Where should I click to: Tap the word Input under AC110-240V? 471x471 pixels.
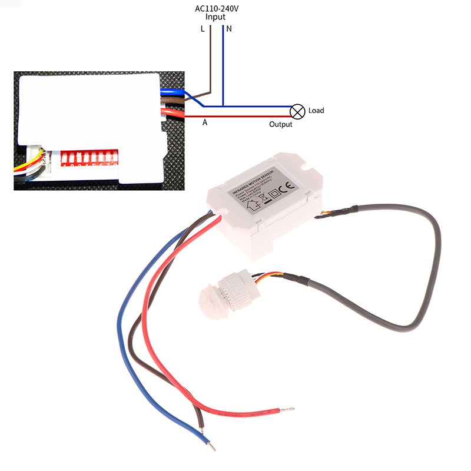tap(215, 17)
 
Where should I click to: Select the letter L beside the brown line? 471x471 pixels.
tap(203, 29)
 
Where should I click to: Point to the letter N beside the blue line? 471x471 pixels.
tap(228, 29)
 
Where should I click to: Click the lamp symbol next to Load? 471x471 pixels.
tap(298, 110)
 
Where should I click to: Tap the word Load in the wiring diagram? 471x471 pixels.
tap(316, 111)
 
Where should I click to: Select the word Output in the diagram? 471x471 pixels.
tap(281, 124)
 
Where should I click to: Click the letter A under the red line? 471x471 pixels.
tap(205, 123)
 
